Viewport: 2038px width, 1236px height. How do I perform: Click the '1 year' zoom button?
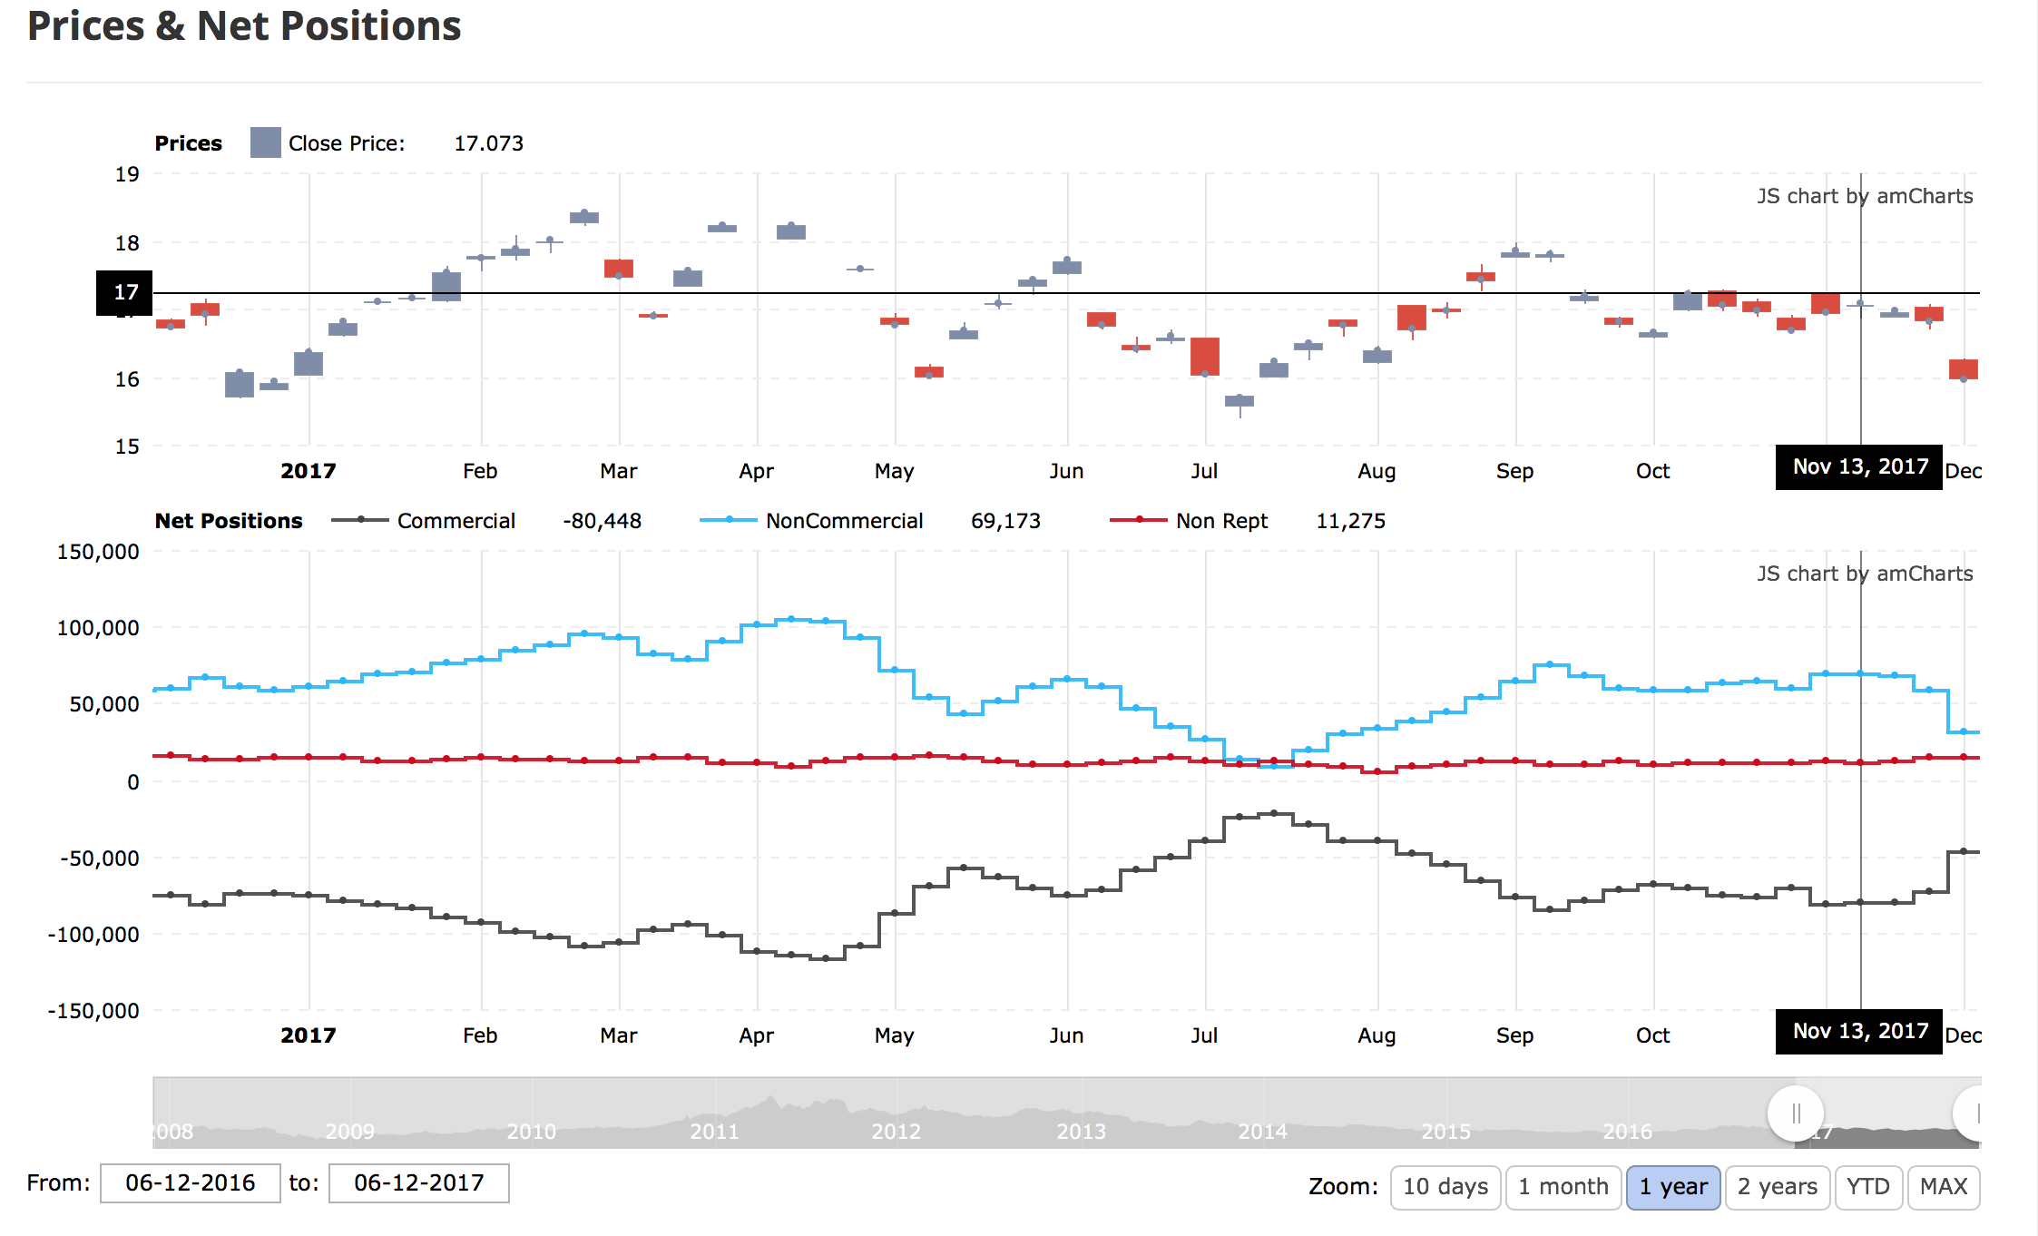coord(1672,1187)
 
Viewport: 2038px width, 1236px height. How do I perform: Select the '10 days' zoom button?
coord(1445,1187)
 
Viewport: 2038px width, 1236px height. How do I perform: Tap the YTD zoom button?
coord(1867,1187)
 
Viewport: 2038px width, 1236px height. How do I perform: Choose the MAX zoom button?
coord(1944,1187)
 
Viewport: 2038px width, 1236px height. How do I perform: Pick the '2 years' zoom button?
coord(1777,1187)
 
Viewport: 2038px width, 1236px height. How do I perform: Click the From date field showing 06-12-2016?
coord(190,1183)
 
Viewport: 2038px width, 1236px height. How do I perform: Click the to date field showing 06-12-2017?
coord(418,1183)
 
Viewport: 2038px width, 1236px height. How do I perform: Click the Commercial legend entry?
coord(456,521)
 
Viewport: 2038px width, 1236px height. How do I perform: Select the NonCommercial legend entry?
coord(844,521)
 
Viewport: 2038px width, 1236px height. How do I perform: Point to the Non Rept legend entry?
coord(1221,521)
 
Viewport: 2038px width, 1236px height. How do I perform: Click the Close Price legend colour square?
coord(265,143)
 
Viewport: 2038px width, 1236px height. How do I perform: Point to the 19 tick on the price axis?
coord(127,174)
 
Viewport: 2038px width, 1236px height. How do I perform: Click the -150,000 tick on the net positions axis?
coord(93,1011)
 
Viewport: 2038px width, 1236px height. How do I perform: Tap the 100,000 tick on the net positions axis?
coord(98,628)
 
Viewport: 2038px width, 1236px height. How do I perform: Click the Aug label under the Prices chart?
coord(1377,471)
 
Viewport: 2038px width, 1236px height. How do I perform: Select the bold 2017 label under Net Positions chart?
coord(308,1035)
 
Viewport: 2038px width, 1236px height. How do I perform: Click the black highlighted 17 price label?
coord(124,292)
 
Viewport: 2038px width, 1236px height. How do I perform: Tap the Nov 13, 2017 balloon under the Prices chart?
coord(1859,467)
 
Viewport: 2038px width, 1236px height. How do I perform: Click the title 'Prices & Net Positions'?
coord(244,26)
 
